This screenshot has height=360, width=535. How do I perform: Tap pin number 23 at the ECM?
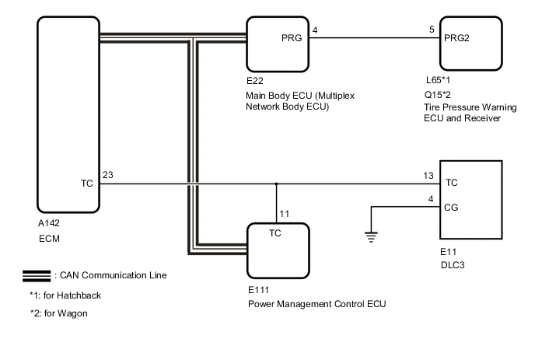107,176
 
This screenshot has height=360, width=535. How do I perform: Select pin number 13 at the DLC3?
428,176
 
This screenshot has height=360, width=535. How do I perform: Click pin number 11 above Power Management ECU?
285,212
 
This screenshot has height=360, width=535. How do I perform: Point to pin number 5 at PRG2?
432,30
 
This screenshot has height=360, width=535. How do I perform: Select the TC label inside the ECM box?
87,184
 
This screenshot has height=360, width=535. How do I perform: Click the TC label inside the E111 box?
275,232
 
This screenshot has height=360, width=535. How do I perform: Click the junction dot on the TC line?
277,184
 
